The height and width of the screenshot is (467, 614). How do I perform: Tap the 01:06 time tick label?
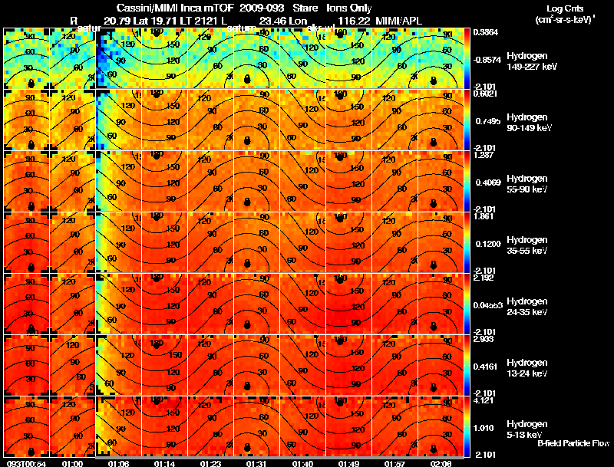pos(119,462)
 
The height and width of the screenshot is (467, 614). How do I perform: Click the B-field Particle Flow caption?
pos(573,444)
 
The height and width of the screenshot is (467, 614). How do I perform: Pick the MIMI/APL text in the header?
pos(399,20)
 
